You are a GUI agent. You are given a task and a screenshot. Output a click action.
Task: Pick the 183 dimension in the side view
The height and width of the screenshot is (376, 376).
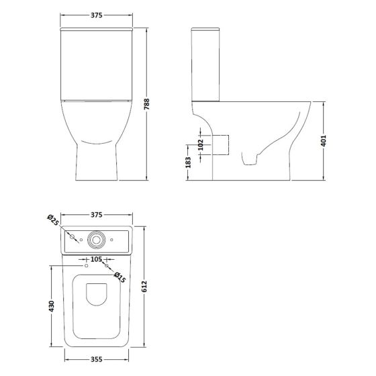click(189, 162)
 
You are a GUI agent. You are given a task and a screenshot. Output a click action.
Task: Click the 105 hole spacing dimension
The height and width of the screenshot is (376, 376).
click(95, 258)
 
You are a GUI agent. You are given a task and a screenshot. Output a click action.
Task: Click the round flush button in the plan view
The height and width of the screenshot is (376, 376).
click(97, 238)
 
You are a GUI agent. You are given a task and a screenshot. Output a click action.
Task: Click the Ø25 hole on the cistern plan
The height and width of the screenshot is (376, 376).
click(71, 237)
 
